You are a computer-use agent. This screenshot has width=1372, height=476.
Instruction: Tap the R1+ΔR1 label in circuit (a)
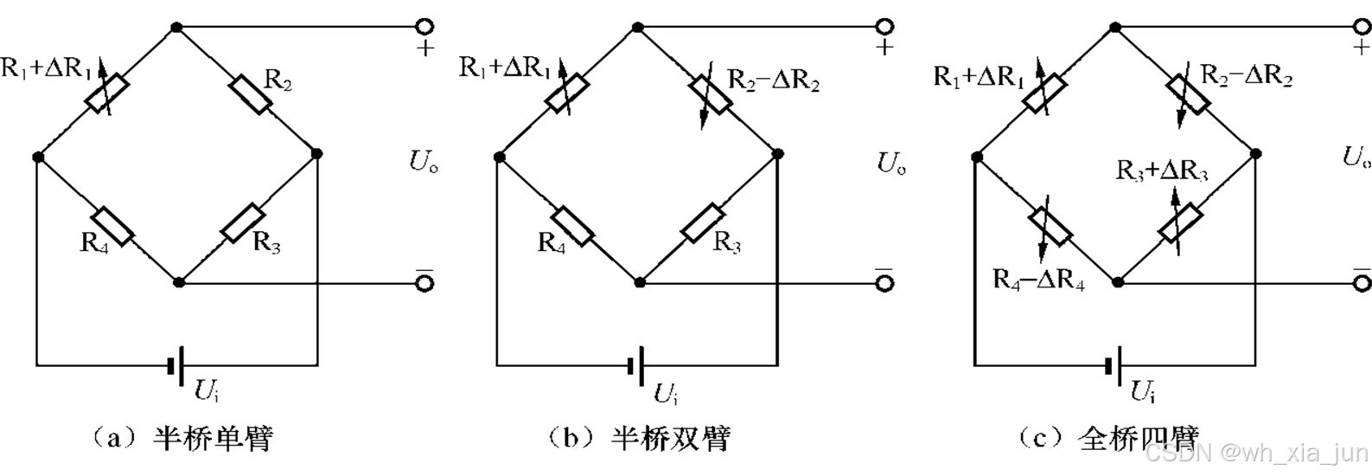pyautogui.click(x=48, y=69)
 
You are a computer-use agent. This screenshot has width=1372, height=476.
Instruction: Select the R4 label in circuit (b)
pyautogui.click(x=552, y=242)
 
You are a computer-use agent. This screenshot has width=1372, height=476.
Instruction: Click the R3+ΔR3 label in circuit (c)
pyautogui.click(x=1162, y=170)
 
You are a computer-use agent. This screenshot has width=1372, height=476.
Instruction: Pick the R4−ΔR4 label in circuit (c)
pyautogui.click(x=1038, y=280)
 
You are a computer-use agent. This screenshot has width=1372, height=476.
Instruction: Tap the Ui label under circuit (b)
pyautogui.click(x=665, y=394)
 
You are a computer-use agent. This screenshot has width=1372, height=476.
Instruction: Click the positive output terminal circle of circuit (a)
pyautogui.click(x=424, y=27)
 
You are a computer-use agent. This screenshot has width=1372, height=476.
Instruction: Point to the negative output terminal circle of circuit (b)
pyautogui.click(x=884, y=282)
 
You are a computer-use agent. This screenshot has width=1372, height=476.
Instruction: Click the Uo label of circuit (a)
pyautogui.click(x=423, y=162)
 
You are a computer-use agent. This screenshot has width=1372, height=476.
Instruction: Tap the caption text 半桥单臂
pyautogui.click(x=213, y=438)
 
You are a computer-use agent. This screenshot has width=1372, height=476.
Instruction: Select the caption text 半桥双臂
pyautogui.click(x=670, y=438)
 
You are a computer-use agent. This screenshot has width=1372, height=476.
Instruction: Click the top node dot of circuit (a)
pyautogui.click(x=176, y=28)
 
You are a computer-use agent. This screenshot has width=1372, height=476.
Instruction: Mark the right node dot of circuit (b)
pyautogui.click(x=778, y=154)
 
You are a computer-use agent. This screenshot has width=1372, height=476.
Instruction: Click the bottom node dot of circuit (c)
pyautogui.click(x=1117, y=282)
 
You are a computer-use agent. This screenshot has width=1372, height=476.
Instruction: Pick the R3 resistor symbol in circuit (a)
pyautogui.click(x=243, y=223)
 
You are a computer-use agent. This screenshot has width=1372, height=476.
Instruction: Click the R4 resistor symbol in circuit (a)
pyautogui.click(x=112, y=226)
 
